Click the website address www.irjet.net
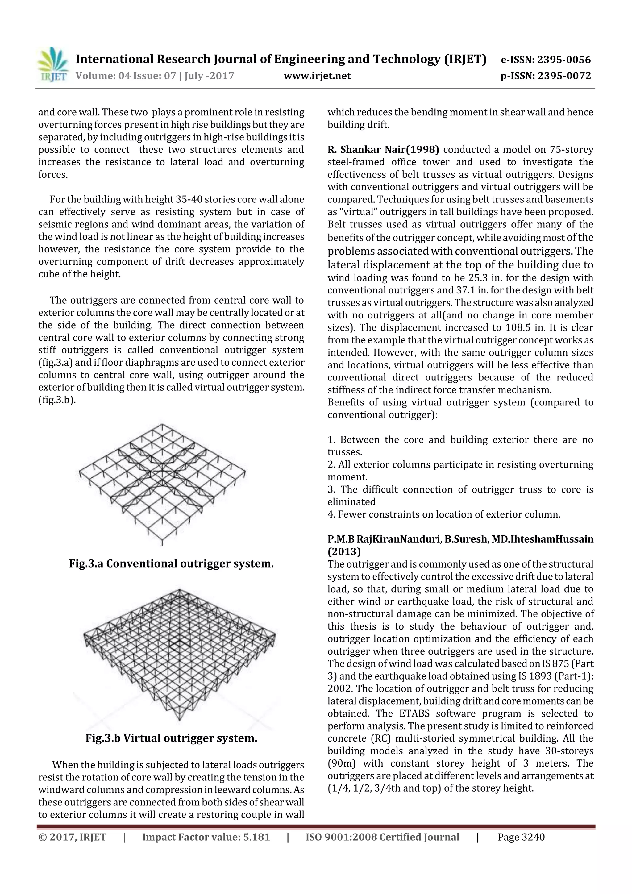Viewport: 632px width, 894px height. (x=317, y=76)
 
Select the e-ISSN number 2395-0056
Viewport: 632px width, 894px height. (x=564, y=60)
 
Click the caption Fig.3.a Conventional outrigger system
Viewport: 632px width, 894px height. (x=171, y=563)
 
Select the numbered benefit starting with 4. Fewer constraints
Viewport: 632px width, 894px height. (x=444, y=514)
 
